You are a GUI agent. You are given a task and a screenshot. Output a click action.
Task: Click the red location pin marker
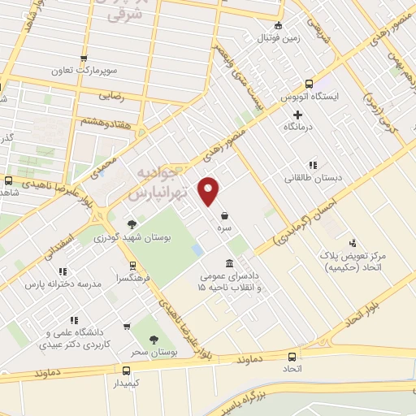tap(210, 192)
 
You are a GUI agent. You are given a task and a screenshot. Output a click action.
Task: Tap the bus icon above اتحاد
tap(292, 356)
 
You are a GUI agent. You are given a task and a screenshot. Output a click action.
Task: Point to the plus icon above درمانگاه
tap(298, 114)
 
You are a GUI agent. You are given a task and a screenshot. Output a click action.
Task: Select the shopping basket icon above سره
tap(223, 216)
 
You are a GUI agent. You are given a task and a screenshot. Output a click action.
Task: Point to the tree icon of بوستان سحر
tap(154, 342)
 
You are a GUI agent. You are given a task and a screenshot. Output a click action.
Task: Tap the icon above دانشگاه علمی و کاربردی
tap(127, 327)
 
